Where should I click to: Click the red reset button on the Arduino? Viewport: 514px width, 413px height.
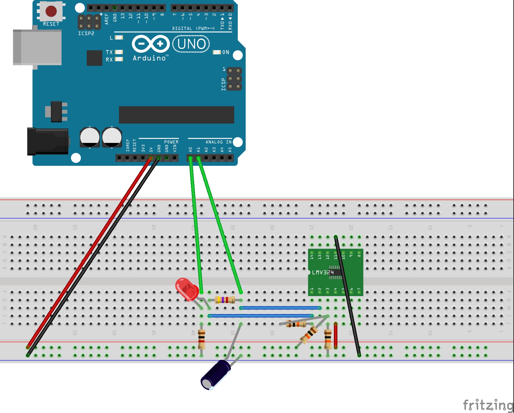point(51,11)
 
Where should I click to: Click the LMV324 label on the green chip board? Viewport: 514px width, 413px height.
point(323,272)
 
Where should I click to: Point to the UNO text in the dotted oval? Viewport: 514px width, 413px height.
point(191,44)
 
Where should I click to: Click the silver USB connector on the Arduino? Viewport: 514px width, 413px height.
point(37,47)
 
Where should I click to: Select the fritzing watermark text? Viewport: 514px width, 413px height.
point(488,405)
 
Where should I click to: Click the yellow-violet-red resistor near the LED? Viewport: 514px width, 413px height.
point(225,300)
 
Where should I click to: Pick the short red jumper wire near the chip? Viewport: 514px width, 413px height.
point(336,336)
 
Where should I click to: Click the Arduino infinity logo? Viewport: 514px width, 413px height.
point(151,44)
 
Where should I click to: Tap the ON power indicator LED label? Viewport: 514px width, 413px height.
point(226,52)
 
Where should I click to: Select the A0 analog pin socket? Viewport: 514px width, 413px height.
point(190,158)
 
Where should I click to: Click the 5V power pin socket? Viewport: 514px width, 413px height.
point(151,158)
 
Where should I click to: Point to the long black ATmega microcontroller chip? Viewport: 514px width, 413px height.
point(176,115)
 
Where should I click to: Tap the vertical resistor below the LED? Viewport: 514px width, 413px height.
point(201,339)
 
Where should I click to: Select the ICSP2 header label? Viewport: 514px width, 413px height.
point(86,33)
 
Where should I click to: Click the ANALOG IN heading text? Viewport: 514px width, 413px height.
point(218,142)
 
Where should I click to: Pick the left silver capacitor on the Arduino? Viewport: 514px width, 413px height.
point(90,137)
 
